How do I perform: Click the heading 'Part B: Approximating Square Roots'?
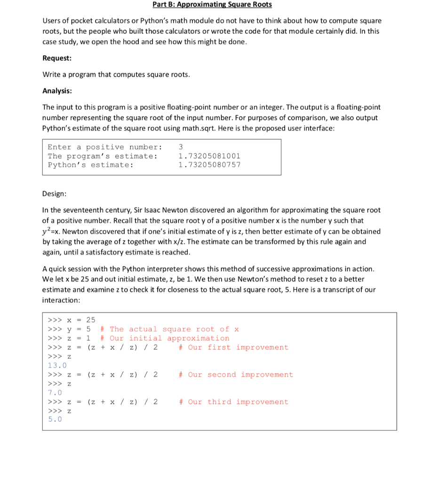pyautogui.click(x=212, y=5)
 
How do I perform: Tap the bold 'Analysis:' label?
pyautogui.click(x=57, y=91)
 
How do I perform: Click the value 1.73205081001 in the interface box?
pyautogui.click(x=209, y=156)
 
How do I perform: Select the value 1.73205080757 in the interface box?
pyautogui.click(x=209, y=165)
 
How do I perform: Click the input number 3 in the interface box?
pyautogui.click(x=181, y=147)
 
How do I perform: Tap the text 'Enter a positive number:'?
pyautogui.click(x=105, y=147)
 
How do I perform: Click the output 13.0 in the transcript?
pyautogui.click(x=57, y=365)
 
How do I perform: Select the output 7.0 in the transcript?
pyautogui.click(x=55, y=393)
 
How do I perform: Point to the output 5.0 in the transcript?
pyautogui.click(x=55, y=419)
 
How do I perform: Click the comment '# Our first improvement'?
pyautogui.click(x=233, y=347)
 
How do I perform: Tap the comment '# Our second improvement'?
pyautogui.click(x=236, y=375)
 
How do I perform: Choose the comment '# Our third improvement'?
pyautogui.click(x=233, y=402)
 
